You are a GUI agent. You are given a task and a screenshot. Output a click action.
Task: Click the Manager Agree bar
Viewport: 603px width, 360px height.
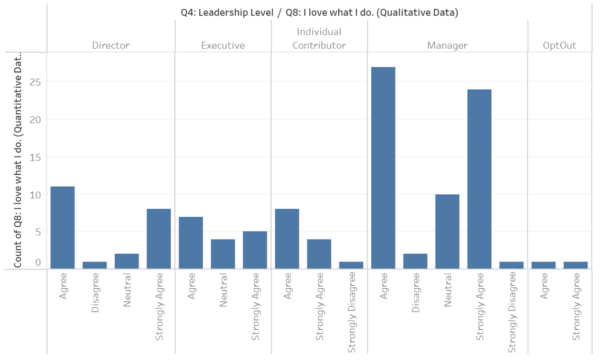(383, 168)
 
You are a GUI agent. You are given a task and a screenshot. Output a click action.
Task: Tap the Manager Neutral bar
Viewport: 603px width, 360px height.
(447, 231)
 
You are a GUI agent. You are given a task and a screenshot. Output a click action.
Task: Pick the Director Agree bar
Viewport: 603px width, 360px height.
(63, 227)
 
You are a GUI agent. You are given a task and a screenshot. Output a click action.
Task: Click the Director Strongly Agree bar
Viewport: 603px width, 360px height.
(159, 238)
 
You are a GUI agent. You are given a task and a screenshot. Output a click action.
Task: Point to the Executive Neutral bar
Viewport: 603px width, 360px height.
(223, 253)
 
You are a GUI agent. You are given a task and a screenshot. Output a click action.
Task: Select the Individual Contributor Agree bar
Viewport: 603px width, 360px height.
(287, 238)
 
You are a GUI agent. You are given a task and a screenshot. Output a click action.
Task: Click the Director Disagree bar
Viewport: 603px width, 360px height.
(94, 265)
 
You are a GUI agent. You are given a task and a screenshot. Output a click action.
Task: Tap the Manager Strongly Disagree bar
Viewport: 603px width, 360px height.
(511, 265)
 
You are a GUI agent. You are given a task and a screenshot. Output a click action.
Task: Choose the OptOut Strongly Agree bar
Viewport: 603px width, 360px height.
(576, 265)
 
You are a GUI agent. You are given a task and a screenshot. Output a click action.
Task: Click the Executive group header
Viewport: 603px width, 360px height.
(223, 45)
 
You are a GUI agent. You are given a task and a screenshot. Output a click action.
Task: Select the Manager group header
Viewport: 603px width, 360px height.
(447, 45)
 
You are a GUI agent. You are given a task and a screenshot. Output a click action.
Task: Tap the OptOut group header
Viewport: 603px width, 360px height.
(560, 45)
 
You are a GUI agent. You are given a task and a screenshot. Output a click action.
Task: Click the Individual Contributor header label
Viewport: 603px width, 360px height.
(319, 38)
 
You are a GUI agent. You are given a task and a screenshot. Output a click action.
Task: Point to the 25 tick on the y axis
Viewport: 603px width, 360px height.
(36, 82)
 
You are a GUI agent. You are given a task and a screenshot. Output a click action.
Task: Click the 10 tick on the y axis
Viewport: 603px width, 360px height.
(36, 194)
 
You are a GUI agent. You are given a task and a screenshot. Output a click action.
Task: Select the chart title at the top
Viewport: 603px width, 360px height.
(319, 13)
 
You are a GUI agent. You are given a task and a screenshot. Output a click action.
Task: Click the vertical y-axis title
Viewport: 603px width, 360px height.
(18, 160)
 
